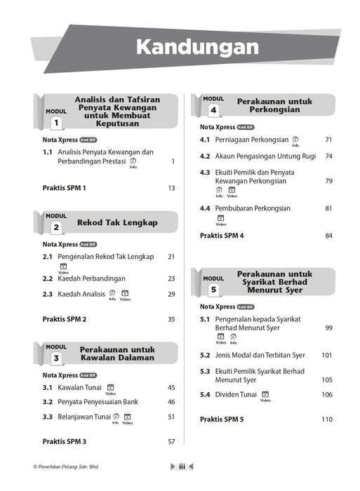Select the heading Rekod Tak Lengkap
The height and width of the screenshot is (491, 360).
point(117,223)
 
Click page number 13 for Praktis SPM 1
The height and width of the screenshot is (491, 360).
point(171,188)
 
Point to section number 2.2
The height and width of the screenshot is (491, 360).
point(48,278)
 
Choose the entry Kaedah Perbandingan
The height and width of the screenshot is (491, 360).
point(95,278)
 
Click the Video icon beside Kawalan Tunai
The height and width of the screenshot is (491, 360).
point(110,387)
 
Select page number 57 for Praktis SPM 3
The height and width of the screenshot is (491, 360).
point(171,442)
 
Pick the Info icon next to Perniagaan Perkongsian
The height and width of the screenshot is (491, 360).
point(295,140)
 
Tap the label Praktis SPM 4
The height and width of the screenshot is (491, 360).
point(222,236)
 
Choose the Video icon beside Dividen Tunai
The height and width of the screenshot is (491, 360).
point(265,395)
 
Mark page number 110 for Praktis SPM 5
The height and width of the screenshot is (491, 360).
point(327,419)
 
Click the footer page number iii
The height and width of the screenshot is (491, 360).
point(182,466)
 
